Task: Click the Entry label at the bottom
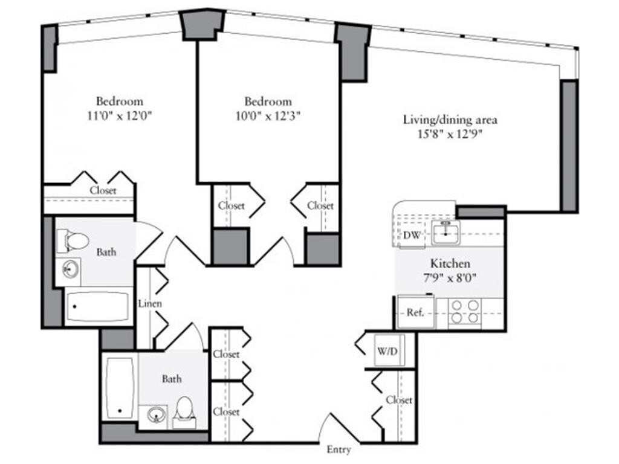[x=339, y=449]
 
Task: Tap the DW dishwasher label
[x=412, y=235]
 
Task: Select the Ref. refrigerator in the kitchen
[x=416, y=312]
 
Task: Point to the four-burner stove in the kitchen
[x=465, y=312]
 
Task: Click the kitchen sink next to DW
[x=446, y=233]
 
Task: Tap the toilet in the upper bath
[x=73, y=241]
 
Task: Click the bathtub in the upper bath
[x=98, y=306]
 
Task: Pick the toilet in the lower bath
[x=184, y=413]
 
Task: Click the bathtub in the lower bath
[x=120, y=388]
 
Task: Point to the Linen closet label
[x=150, y=303]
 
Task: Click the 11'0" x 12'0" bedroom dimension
[x=120, y=116]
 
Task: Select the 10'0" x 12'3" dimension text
[x=268, y=117]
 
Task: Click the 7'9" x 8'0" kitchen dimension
[x=450, y=278]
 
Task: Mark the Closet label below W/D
[x=399, y=400]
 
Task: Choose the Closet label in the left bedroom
[x=103, y=190]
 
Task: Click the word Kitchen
[x=450, y=263]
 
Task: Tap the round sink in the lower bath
[x=157, y=414]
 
